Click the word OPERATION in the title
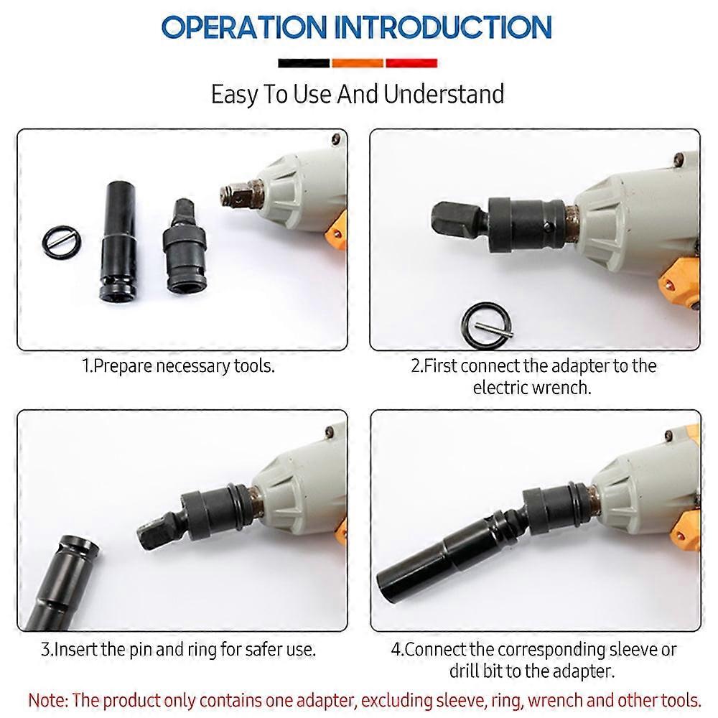(x=244, y=27)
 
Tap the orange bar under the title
(x=357, y=63)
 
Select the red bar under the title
(x=411, y=63)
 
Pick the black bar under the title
(x=304, y=63)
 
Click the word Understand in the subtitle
(x=444, y=94)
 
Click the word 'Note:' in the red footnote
(x=48, y=701)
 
